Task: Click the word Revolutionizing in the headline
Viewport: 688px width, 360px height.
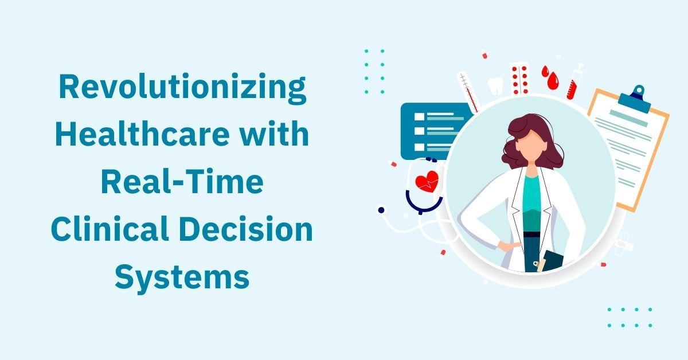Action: point(182,88)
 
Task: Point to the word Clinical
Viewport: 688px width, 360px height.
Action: point(110,228)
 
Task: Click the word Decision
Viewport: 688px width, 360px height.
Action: point(248,228)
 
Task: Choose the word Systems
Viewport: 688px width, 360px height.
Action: point(182,277)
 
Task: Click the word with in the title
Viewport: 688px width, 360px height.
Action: point(274,134)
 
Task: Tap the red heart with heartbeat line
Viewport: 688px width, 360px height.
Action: point(427,181)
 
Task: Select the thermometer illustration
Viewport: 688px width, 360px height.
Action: point(468,92)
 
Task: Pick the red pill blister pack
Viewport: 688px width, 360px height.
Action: point(520,79)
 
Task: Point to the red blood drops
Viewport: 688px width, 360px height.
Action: point(550,77)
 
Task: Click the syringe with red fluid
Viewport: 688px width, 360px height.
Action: point(575,81)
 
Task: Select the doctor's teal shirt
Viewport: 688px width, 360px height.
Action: point(531,203)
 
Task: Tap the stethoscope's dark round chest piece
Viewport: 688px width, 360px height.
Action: point(381,210)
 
